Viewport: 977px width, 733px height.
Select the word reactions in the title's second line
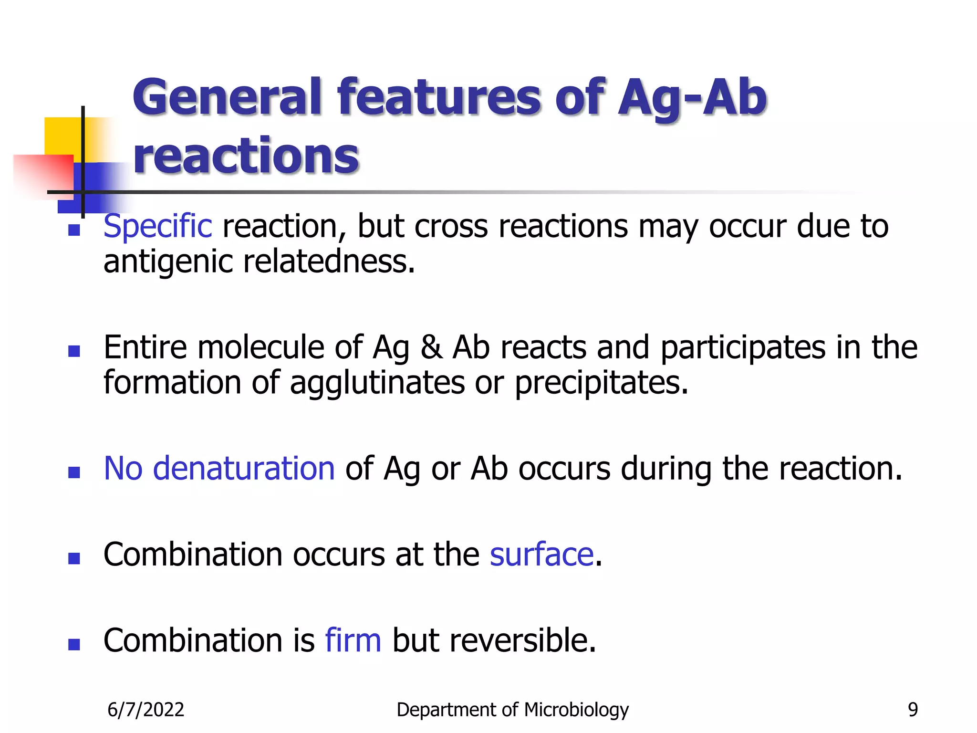[246, 156]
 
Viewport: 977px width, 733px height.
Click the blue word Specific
[157, 226]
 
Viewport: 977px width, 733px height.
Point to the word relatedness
[329, 262]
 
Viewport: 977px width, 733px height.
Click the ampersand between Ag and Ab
[431, 347]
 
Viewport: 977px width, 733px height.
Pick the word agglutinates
[377, 383]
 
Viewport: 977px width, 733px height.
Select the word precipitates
[602, 383]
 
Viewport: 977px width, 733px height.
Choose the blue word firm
[353, 640]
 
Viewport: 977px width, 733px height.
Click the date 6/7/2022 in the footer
[146, 710]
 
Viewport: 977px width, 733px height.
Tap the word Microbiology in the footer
[576, 710]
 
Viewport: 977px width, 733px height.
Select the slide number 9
[913, 710]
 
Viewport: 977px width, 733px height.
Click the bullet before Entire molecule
[74, 352]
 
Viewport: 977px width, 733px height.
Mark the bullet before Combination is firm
[74, 645]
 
